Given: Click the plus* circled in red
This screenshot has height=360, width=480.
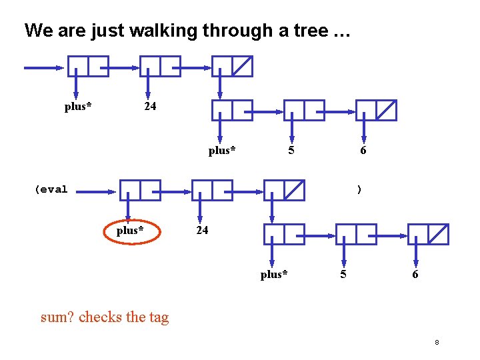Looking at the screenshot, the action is click(130, 231).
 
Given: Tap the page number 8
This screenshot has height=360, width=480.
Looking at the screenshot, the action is click(437, 342).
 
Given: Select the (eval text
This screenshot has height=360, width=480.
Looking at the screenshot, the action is click(51, 189).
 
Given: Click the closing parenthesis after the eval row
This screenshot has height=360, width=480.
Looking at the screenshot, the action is click(359, 189).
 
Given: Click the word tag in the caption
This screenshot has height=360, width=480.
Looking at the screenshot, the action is click(159, 317).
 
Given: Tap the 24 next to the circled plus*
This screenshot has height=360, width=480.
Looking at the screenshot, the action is click(202, 231).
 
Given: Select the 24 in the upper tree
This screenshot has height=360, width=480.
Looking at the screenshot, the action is click(151, 107).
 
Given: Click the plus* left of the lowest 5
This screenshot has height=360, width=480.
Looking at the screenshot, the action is click(274, 275).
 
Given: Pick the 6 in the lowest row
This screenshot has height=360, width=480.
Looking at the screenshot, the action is click(415, 275).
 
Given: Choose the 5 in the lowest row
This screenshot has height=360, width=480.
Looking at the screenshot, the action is click(343, 275).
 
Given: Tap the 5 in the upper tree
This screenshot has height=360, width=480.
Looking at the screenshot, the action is click(291, 151).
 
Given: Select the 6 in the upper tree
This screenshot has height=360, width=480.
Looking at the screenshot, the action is click(363, 151).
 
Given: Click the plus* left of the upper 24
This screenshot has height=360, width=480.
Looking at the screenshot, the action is click(78, 107).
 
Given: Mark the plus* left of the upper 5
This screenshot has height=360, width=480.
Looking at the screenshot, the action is click(222, 151).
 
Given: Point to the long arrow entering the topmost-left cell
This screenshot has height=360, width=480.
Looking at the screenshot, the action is click(44, 67).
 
